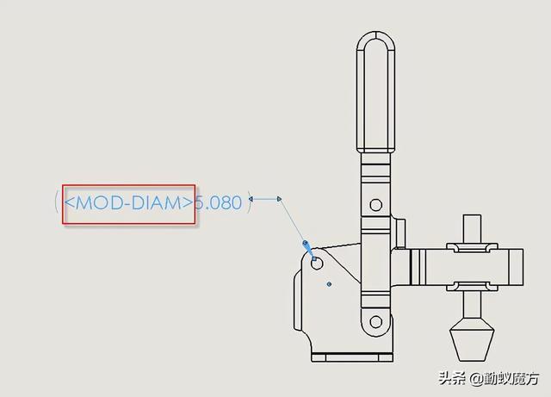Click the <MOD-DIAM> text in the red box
[128, 204]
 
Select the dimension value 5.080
[218, 204]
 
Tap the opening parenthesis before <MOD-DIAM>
[57, 204]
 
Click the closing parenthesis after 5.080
[250, 203]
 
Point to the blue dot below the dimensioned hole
[329, 283]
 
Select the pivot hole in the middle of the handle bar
[375, 205]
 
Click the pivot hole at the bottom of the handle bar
[375, 322]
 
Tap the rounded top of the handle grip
[375, 39]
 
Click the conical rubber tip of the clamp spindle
[472, 340]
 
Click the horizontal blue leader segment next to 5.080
[267, 199]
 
